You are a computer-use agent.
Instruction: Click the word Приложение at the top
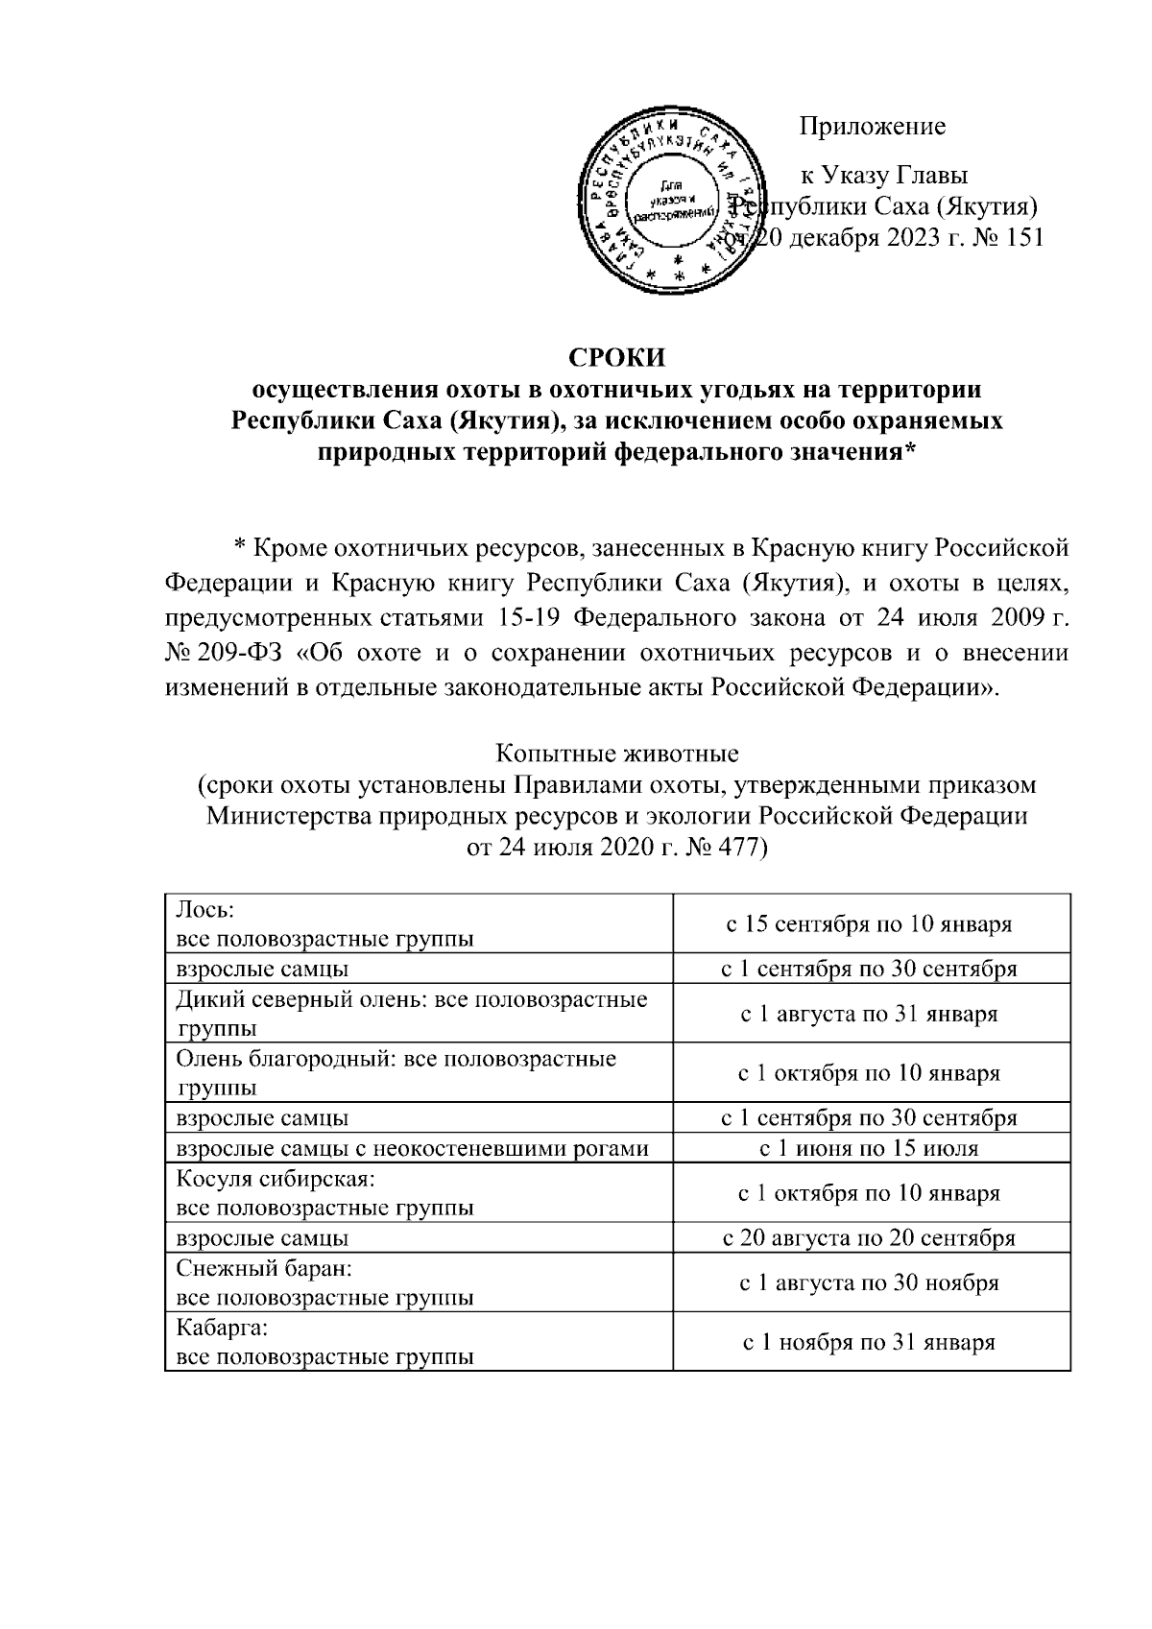point(873,127)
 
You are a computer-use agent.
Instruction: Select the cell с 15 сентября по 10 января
point(869,924)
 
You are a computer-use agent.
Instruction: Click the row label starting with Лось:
point(324,924)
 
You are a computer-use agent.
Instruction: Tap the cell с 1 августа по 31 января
point(869,1014)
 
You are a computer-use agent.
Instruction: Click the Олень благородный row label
point(396,1073)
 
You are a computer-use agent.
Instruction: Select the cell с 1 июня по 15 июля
point(869,1148)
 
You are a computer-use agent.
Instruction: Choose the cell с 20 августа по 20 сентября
point(869,1238)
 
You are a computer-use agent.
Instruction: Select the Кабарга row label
point(324,1343)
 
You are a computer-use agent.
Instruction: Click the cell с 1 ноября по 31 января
point(869,1343)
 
